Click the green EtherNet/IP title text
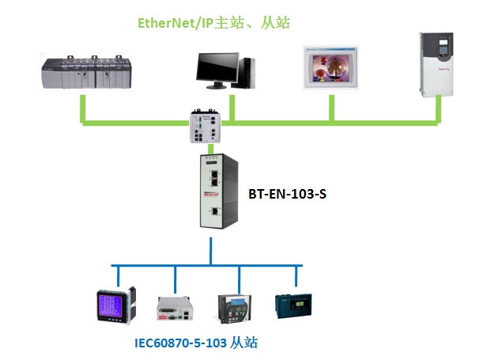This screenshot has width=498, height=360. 214,23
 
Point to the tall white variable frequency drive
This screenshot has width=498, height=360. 437,63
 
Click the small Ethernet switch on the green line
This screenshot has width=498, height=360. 208,127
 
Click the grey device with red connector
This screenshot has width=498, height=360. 174,309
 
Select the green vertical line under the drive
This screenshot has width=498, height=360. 437,110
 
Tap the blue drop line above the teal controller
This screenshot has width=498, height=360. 296,276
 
